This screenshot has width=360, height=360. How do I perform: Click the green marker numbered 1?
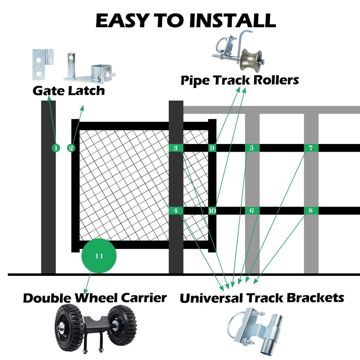(55, 148)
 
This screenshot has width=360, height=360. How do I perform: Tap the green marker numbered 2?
(71, 148)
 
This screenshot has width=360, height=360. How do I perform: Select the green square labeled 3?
(175, 148)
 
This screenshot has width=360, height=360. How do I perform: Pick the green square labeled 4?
(175, 211)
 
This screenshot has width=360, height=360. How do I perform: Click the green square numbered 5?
(252, 148)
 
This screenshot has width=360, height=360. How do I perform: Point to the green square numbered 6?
(252, 211)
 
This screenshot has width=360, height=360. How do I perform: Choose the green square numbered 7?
(310, 148)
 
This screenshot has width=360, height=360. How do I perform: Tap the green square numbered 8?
(310, 211)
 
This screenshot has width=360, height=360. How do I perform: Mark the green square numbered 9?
(212, 148)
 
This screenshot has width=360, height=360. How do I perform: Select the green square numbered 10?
(212, 211)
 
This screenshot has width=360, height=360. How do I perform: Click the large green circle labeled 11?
(99, 256)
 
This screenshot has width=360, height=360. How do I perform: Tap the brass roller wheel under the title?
(248, 59)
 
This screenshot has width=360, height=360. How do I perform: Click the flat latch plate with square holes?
(41, 63)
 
